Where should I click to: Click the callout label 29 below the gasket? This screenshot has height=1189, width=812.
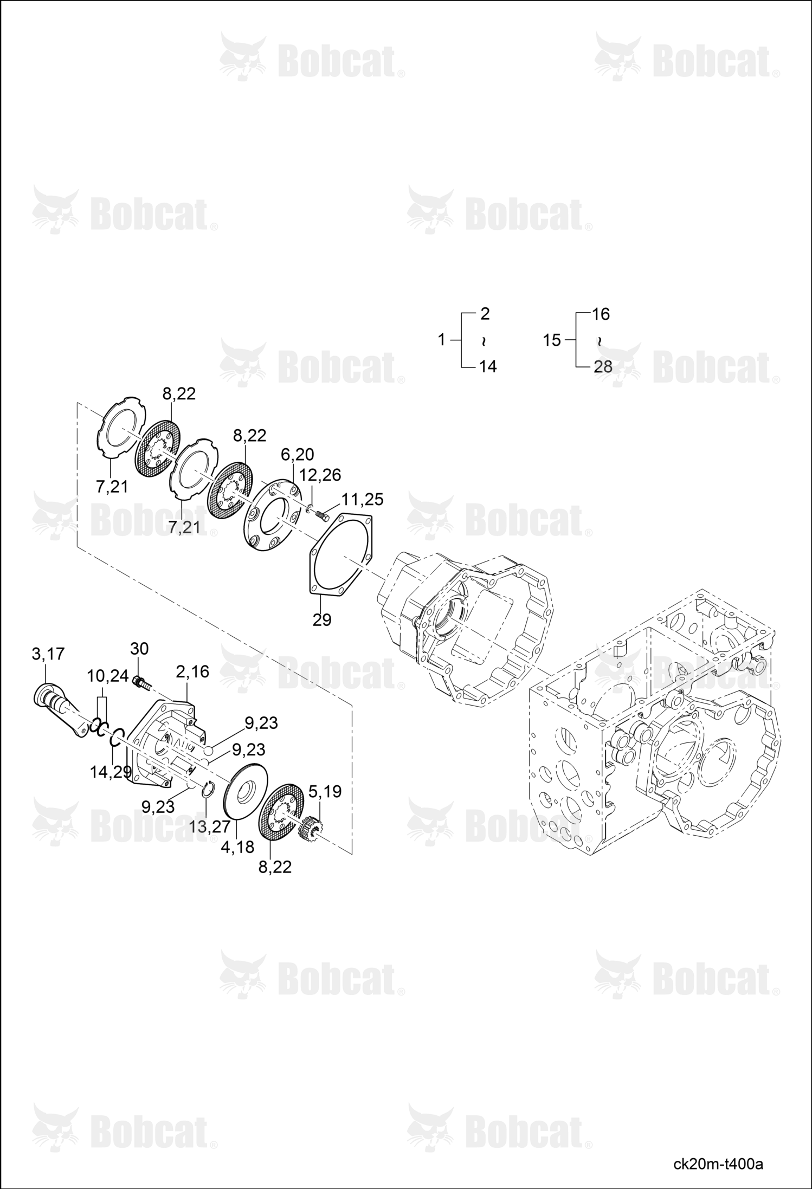tap(322, 620)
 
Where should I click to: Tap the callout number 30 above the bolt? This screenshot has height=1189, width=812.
tap(139, 649)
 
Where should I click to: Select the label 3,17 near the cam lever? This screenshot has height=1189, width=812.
tap(48, 654)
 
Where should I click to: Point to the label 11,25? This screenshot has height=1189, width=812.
tap(362, 499)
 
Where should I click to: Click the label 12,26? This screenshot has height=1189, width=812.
tap(320, 475)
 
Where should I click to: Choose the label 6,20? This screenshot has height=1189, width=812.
tap(297, 454)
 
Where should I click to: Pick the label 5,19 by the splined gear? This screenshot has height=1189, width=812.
tap(325, 792)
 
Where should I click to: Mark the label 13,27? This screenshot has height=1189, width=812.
tap(210, 827)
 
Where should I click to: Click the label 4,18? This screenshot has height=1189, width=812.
tap(237, 847)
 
